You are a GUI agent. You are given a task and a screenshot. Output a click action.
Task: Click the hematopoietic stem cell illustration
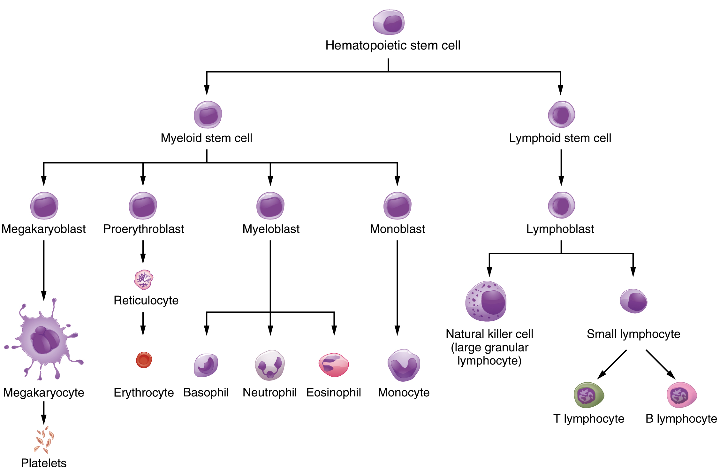point(389,22)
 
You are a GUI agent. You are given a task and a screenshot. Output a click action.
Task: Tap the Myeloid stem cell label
point(206,138)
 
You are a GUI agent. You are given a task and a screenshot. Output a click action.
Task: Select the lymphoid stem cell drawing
point(561,114)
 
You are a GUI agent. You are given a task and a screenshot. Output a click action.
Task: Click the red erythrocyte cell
point(144,360)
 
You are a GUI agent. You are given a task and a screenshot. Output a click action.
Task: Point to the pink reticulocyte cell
point(144,280)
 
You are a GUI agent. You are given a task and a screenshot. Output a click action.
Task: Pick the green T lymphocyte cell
point(588,395)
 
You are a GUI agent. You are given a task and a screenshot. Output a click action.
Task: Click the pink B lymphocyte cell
point(681,395)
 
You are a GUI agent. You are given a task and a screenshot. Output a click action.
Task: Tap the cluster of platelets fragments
point(44,440)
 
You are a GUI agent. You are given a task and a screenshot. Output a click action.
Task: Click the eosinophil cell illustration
point(333,365)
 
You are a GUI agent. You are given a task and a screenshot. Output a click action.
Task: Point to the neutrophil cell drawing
point(270,365)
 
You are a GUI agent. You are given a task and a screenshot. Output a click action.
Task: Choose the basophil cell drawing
point(206,365)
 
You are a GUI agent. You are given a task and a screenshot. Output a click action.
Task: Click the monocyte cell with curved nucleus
point(404,365)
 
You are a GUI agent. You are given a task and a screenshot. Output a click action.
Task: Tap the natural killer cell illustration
point(486,301)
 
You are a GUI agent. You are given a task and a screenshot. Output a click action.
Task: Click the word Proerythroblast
point(144,229)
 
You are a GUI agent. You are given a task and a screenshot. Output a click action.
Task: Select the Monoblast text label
point(397,229)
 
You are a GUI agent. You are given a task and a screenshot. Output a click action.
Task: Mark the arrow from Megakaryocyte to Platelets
point(44,413)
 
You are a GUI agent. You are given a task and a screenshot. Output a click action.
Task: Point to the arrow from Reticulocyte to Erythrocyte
point(143,323)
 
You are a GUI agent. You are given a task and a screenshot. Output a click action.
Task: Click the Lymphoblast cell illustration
point(561,205)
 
